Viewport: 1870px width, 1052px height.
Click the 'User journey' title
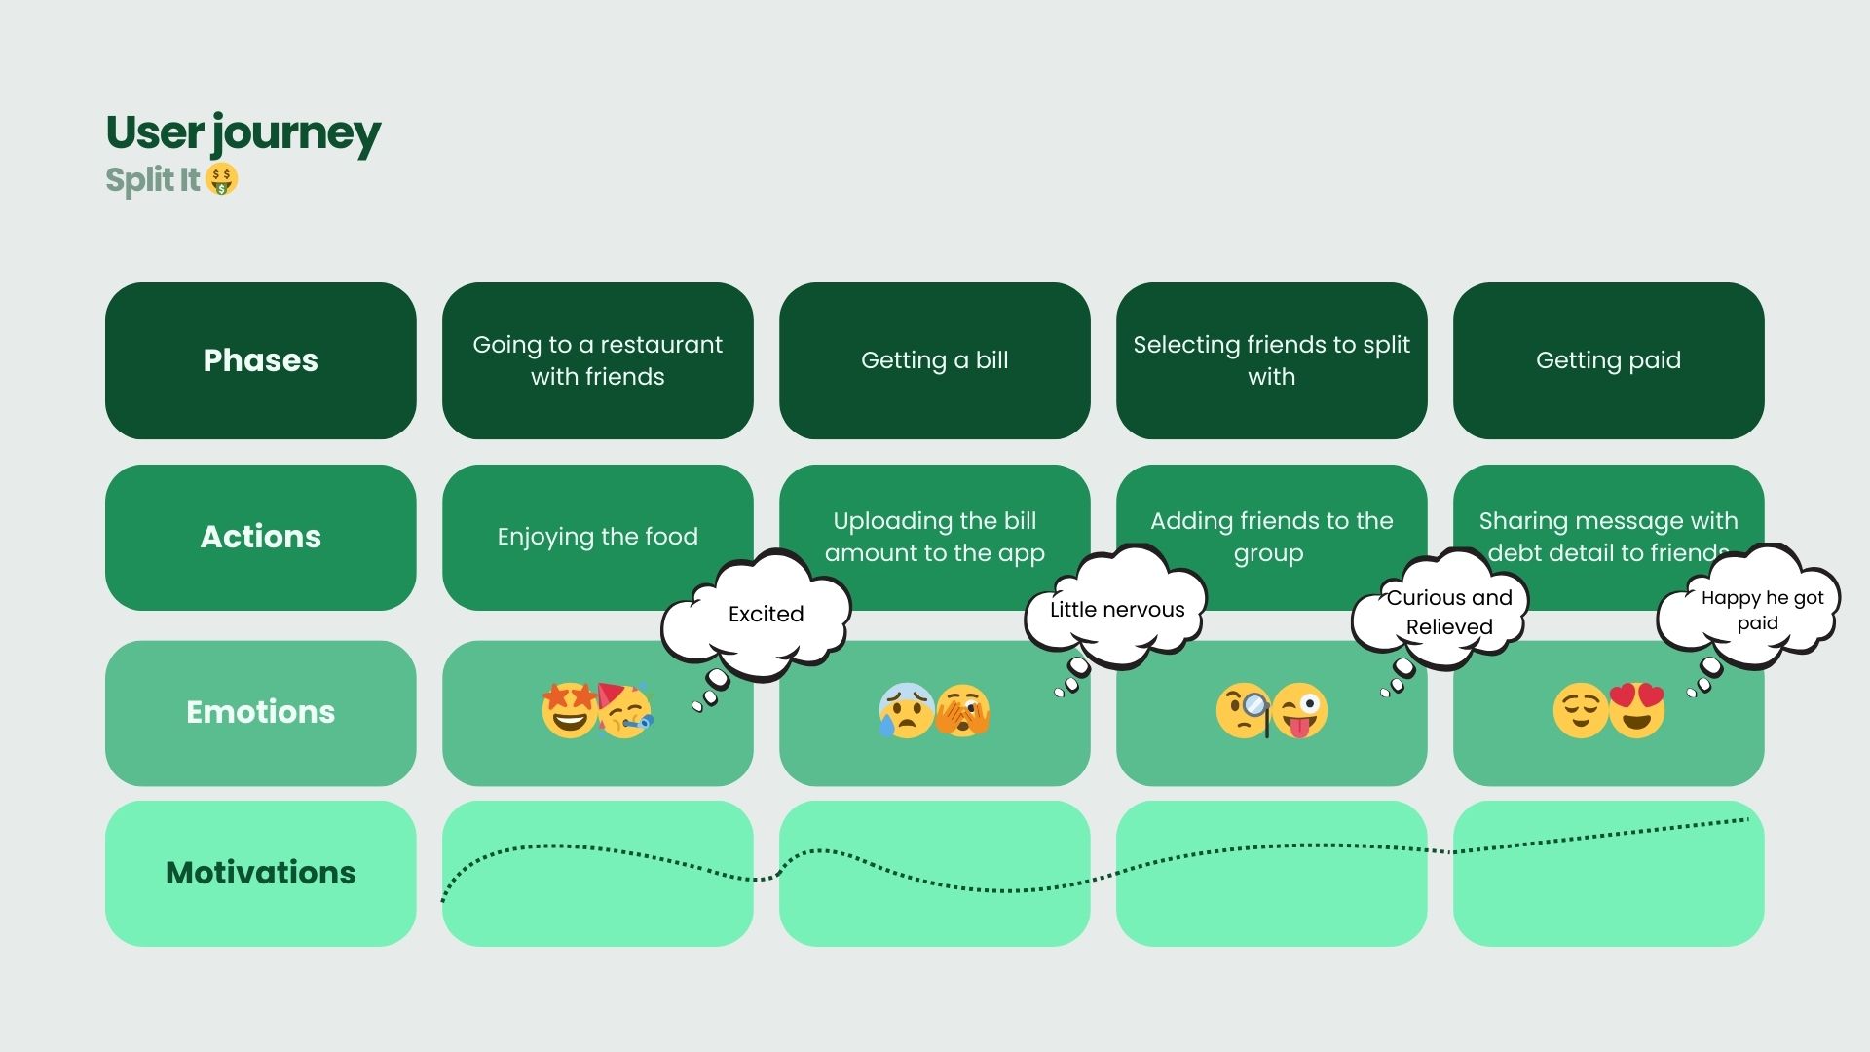243,133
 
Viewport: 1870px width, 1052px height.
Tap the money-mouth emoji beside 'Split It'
222,179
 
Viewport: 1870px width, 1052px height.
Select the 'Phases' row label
260,360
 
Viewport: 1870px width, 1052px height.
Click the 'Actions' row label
260,537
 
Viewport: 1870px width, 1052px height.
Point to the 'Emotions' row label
260,712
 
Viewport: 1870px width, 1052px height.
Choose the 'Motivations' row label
260,873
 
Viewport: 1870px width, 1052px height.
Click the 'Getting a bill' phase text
934,360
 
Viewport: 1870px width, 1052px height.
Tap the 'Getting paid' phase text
1608,360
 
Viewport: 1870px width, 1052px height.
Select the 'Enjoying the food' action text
597,537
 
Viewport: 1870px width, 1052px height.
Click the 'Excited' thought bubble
766,614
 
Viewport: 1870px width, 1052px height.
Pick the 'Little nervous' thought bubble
1117,610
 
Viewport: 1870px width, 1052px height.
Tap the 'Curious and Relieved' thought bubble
1448,613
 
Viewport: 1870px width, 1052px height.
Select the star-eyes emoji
569,711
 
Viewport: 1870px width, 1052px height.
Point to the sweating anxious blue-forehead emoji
905,711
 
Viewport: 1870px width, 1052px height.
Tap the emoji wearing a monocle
1244,712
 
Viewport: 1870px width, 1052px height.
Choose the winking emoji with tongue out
1300,712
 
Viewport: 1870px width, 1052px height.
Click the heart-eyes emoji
1637,711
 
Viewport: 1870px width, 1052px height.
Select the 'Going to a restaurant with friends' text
597,360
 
